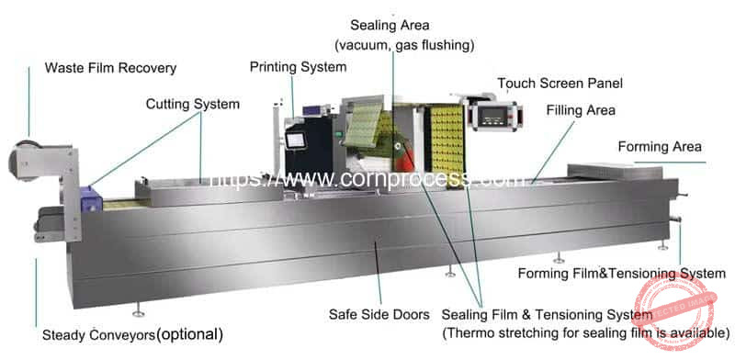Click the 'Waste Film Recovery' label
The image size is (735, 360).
110,68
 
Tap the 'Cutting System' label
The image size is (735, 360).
192,104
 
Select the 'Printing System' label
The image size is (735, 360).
298,67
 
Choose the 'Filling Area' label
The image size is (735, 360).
581,111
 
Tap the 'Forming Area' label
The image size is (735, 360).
660,146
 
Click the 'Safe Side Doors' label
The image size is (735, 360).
379,314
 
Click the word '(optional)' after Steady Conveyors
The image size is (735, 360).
189,333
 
